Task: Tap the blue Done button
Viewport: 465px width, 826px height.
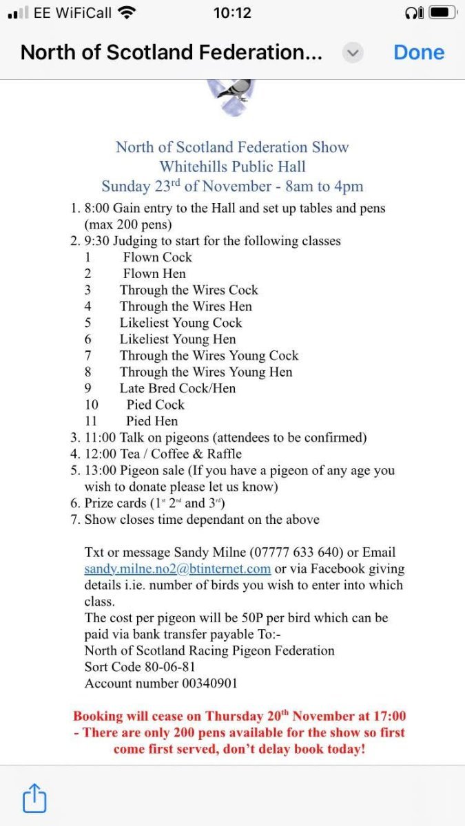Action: (419, 52)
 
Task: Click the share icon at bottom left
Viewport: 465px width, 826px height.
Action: (34, 798)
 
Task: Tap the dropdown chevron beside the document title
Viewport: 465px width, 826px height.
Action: (353, 52)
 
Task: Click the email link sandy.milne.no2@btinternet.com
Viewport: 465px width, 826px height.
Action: (177, 569)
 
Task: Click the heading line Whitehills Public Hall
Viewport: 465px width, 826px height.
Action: (232, 167)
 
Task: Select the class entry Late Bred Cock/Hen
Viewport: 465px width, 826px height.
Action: (177, 388)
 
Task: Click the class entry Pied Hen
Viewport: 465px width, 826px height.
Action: (152, 421)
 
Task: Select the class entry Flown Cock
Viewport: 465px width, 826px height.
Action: (157, 257)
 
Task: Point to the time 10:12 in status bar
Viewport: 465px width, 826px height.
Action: (232, 13)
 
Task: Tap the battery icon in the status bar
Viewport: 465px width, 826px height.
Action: (443, 13)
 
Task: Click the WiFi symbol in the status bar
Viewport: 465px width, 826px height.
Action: (127, 12)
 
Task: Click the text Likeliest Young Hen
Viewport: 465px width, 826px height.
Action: (177, 339)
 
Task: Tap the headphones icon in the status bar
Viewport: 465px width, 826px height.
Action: (414, 13)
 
